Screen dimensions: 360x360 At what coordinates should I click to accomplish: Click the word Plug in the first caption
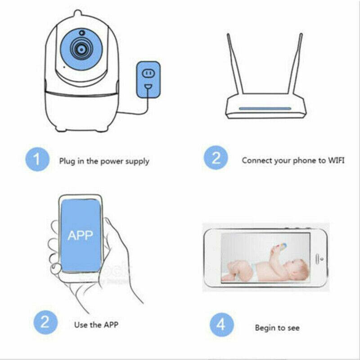[x=67, y=161]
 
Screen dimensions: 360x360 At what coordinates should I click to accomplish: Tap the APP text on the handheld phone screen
[x=80, y=235]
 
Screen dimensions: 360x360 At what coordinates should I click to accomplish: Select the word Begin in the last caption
[x=265, y=328]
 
